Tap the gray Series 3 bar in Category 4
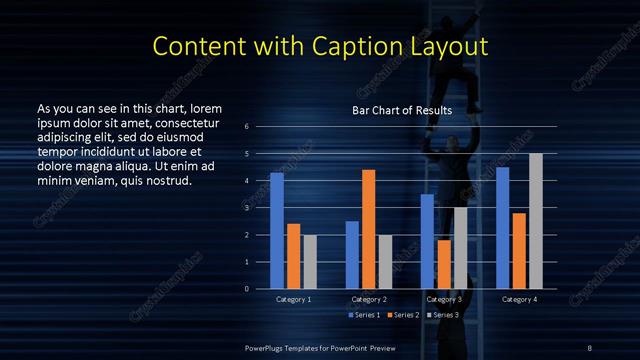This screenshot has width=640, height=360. click(536, 221)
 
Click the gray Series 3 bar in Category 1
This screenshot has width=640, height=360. click(310, 262)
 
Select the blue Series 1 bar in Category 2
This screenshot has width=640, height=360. click(352, 255)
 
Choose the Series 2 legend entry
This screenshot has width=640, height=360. click(404, 315)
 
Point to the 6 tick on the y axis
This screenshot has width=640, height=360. click(246, 127)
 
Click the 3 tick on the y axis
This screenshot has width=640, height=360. click(246, 208)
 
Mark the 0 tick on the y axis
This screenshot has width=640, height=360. click(246, 289)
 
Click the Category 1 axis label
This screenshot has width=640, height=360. click(293, 299)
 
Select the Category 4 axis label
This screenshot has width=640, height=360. click(519, 299)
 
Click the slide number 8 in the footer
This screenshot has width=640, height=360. click(589, 347)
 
